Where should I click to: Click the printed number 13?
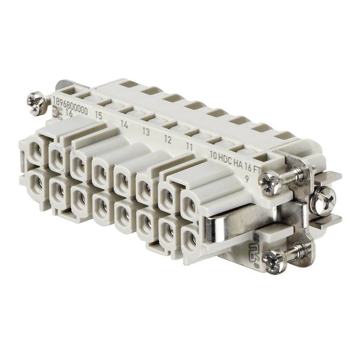click(x=146, y=132)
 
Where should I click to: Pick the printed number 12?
click(x=167, y=140)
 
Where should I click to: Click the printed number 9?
click(x=247, y=176)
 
